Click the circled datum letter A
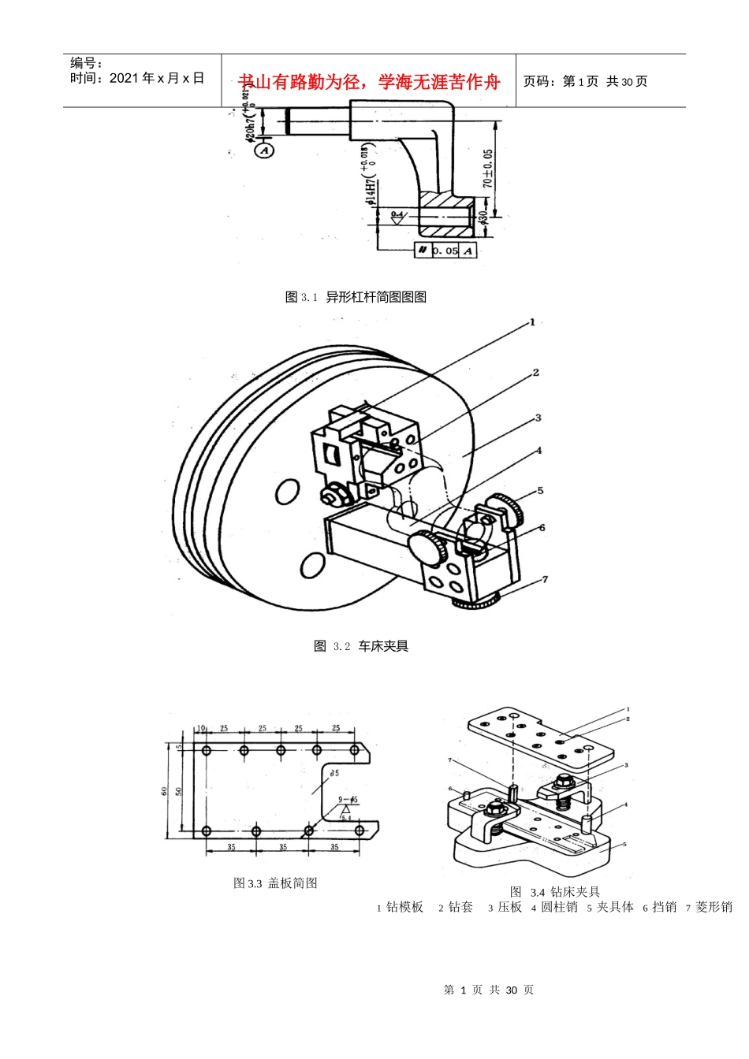264,150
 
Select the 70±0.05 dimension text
488,169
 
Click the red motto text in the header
369,82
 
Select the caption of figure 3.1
356,297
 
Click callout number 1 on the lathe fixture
532,322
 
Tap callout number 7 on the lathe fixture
545,580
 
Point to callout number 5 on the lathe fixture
541,490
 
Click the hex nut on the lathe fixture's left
330,496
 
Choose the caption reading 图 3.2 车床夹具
361,646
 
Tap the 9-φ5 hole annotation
348,801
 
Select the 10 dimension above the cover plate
201,728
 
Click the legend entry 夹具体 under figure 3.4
614,907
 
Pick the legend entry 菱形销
713,907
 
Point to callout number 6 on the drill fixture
450,789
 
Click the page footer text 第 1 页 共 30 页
489,990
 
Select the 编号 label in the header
87,63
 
